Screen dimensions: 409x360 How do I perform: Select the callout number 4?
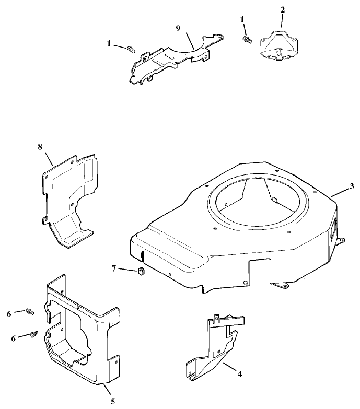[240, 374]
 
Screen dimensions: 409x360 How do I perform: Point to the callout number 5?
[112, 401]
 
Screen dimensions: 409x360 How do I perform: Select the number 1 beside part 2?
[241, 19]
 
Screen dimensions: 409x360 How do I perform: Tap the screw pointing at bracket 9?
[131, 50]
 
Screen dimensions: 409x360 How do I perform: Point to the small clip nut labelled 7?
[140, 271]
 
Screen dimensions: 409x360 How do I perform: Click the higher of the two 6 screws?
[29, 312]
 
